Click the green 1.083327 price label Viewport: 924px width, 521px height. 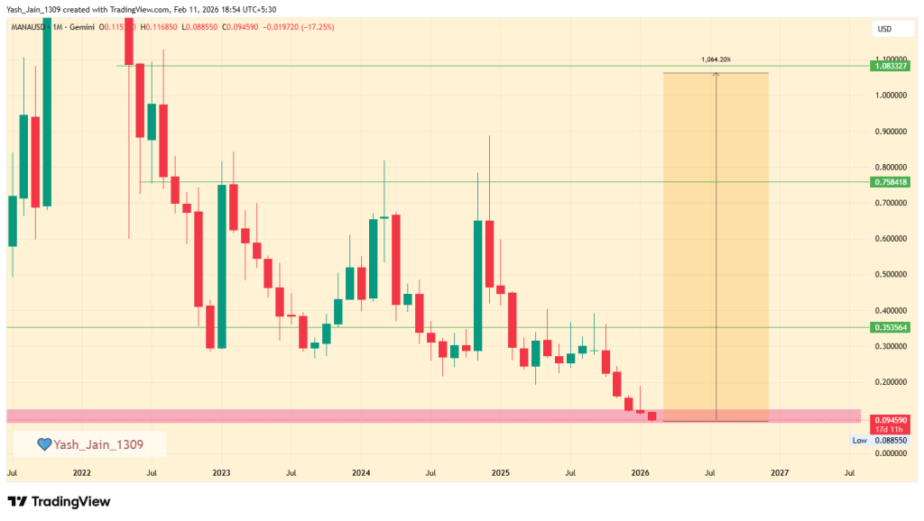[x=890, y=67]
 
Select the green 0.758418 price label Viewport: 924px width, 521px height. [x=890, y=182]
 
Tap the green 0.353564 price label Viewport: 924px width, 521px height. [x=890, y=327]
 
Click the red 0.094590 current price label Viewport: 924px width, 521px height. [x=890, y=420]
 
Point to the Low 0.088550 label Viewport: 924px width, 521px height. [x=881, y=440]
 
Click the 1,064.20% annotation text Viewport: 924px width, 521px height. [x=716, y=60]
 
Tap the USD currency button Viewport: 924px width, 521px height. [x=884, y=30]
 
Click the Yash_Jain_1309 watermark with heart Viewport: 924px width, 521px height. [x=89, y=443]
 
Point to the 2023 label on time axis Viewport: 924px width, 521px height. [x=221, y=472]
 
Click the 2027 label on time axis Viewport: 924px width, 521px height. [x=780, y=472]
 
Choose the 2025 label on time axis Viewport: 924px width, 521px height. [x=501, y=472]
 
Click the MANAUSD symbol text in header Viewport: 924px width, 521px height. [x=29, y=27]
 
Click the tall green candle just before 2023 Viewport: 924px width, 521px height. [x=221, y=266]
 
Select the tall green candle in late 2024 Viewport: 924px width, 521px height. [x=478, y=285]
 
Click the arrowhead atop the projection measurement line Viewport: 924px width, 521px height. [x=716, y=76]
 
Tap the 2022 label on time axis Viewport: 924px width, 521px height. [x=81, y=472]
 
